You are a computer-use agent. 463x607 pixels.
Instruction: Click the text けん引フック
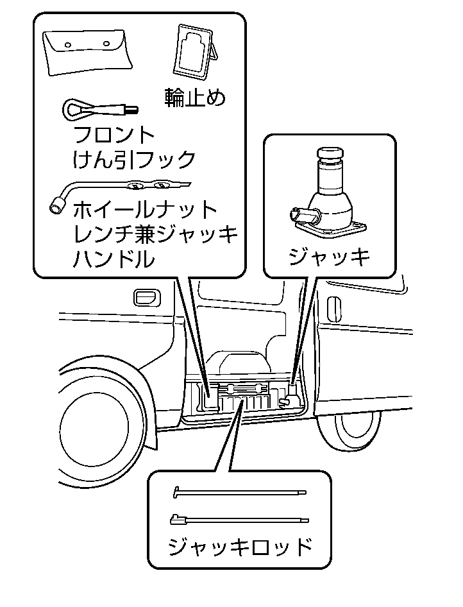pos(134,158)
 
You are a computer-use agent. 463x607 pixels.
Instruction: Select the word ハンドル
pos(114,259)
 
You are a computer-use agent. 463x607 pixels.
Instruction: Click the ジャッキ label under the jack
pos(329,257)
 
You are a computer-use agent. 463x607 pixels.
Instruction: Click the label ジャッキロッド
pos(240,547)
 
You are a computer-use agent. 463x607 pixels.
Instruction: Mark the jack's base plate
pos(330,225)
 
